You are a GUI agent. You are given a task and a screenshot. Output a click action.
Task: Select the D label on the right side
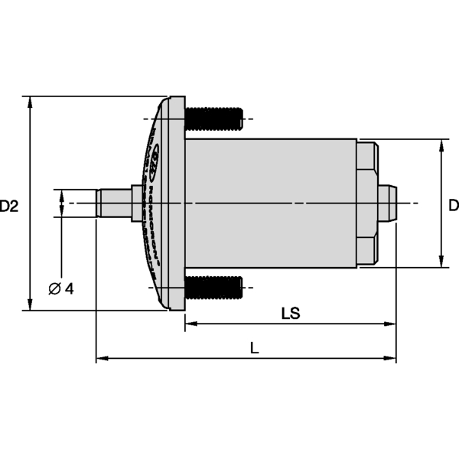[x=453, y=205]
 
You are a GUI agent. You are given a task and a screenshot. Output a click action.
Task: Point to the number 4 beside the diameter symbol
[x=70, y=288]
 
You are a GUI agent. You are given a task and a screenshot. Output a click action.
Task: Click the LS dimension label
[x=290, y=313]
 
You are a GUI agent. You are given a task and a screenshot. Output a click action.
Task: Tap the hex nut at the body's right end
[x=368, y=203]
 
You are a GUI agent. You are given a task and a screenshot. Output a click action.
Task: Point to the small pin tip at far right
[x=388, y=203]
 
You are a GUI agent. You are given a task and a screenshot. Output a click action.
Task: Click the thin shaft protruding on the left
[x=113, y=203]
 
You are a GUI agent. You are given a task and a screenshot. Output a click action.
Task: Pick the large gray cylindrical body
[x=272, y=203]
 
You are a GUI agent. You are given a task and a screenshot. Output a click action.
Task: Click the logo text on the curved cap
[x=155, y=203]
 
